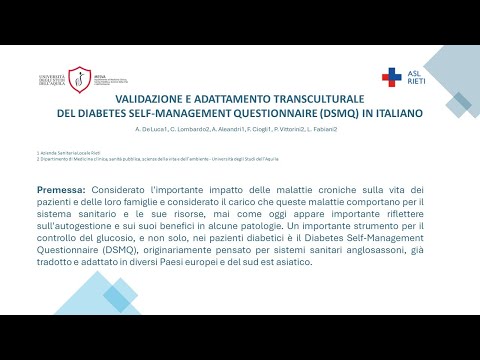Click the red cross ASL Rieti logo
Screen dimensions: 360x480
392,76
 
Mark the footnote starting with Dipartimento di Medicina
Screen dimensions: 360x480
150,158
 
